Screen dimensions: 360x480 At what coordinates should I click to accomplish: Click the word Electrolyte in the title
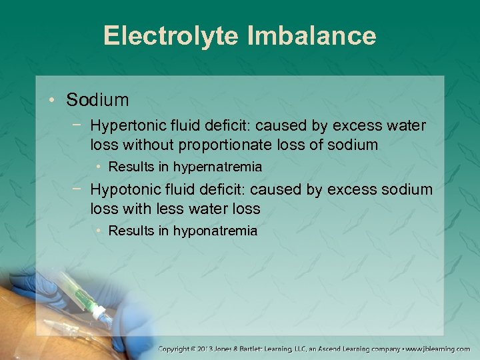click(171, 35)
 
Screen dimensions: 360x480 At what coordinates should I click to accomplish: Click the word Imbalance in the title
click(311, 35)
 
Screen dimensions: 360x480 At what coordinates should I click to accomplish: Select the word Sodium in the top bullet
click(97, 100)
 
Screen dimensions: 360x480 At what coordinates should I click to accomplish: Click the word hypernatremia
click(217, 167)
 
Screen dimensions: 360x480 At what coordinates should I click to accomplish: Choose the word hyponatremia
click(215, 231)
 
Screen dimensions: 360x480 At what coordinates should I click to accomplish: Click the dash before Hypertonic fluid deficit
click(80, 125)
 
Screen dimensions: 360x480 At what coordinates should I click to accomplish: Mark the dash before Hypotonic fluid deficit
click(80, 190)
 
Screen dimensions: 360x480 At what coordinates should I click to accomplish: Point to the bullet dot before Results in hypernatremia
click(98, 167)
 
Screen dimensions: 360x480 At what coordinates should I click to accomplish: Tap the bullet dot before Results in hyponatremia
click(98, 231)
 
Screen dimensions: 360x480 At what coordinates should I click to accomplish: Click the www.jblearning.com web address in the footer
click(439, 349)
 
